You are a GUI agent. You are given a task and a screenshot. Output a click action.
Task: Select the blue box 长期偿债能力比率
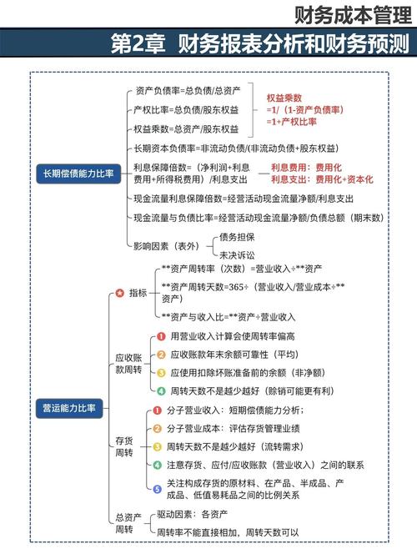(78, 174)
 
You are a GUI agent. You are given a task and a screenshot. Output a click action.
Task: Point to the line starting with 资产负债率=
(188, 90)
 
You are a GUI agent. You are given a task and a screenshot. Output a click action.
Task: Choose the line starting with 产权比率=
(187, 109)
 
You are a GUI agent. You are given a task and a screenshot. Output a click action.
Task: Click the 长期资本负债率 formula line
(235, 148)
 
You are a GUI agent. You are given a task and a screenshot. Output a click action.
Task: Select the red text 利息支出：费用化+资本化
(321, 179)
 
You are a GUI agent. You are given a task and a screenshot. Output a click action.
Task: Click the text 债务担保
(237, 237)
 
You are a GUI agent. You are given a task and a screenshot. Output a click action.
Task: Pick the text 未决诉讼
(237, 254)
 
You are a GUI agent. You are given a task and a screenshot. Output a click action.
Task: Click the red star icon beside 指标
(119, 293)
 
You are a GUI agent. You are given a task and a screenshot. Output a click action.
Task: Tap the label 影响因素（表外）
(166, 245)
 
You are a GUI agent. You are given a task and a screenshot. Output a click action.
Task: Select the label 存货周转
(123, 446)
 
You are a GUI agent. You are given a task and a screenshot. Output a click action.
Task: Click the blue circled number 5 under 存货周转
(157, 488)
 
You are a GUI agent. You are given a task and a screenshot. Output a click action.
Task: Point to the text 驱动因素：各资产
(193, 516)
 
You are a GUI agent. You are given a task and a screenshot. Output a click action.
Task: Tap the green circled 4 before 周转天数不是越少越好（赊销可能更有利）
(161, 390)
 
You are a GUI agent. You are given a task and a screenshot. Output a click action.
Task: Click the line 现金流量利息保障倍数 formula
(244, 199)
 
